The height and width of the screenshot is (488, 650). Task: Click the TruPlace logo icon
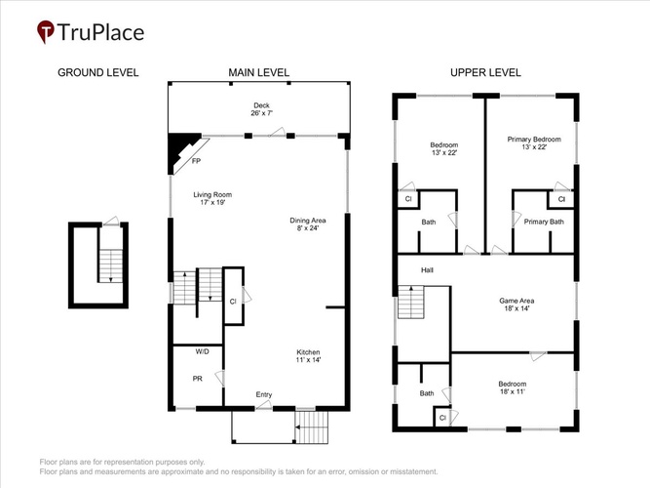46,31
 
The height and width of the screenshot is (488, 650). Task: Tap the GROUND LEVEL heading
97,72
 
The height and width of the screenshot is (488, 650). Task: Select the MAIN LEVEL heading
258,72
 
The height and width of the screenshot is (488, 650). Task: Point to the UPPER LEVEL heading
485,72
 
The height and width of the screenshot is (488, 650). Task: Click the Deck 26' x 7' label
261,109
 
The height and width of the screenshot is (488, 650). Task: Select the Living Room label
212,198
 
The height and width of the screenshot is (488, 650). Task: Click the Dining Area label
308,224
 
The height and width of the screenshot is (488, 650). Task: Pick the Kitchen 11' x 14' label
308,356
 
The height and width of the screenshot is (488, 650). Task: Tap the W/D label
203,351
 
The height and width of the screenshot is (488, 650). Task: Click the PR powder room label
197,379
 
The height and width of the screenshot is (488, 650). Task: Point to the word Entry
264,394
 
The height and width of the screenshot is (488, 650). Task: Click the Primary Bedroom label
534,142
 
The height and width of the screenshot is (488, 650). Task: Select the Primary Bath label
544,222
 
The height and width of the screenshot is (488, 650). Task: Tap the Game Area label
516,305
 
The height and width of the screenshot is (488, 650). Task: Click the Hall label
427,270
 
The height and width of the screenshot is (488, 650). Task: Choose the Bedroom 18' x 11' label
513,387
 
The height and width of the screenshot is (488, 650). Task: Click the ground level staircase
111,265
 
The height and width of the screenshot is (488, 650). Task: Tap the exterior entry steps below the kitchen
312,427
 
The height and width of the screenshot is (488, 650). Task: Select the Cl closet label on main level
233,302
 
